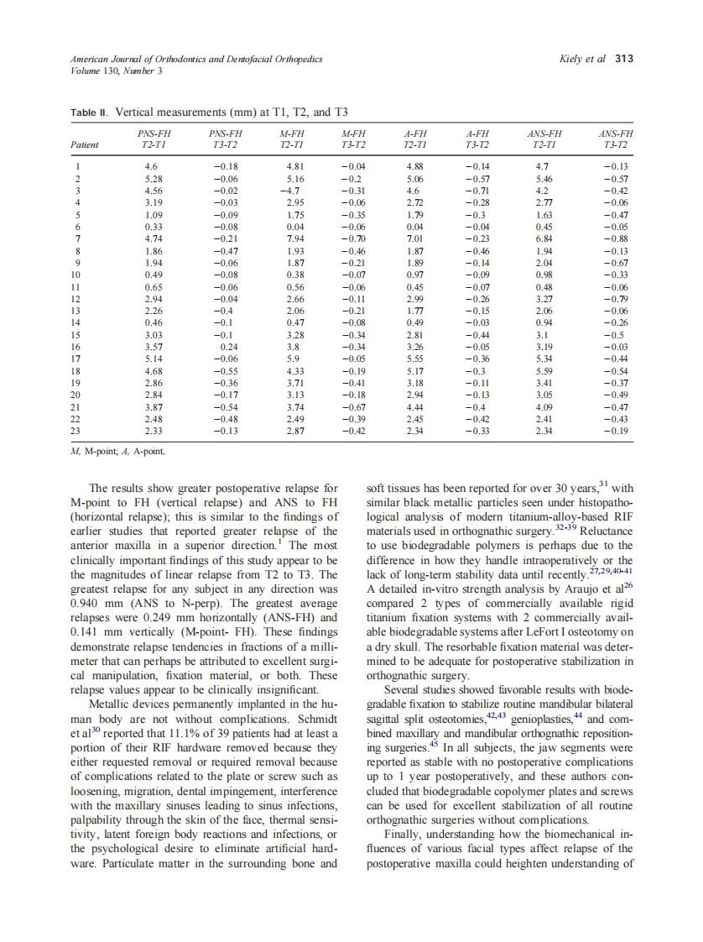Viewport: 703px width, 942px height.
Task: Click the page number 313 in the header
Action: (x=624, y=59)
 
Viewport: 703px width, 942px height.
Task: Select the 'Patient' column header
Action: (x=84, y=144)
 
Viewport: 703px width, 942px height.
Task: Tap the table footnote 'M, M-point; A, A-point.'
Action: (x=117, y=452)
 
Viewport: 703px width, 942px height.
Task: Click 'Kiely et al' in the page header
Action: (x=581, y=59)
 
